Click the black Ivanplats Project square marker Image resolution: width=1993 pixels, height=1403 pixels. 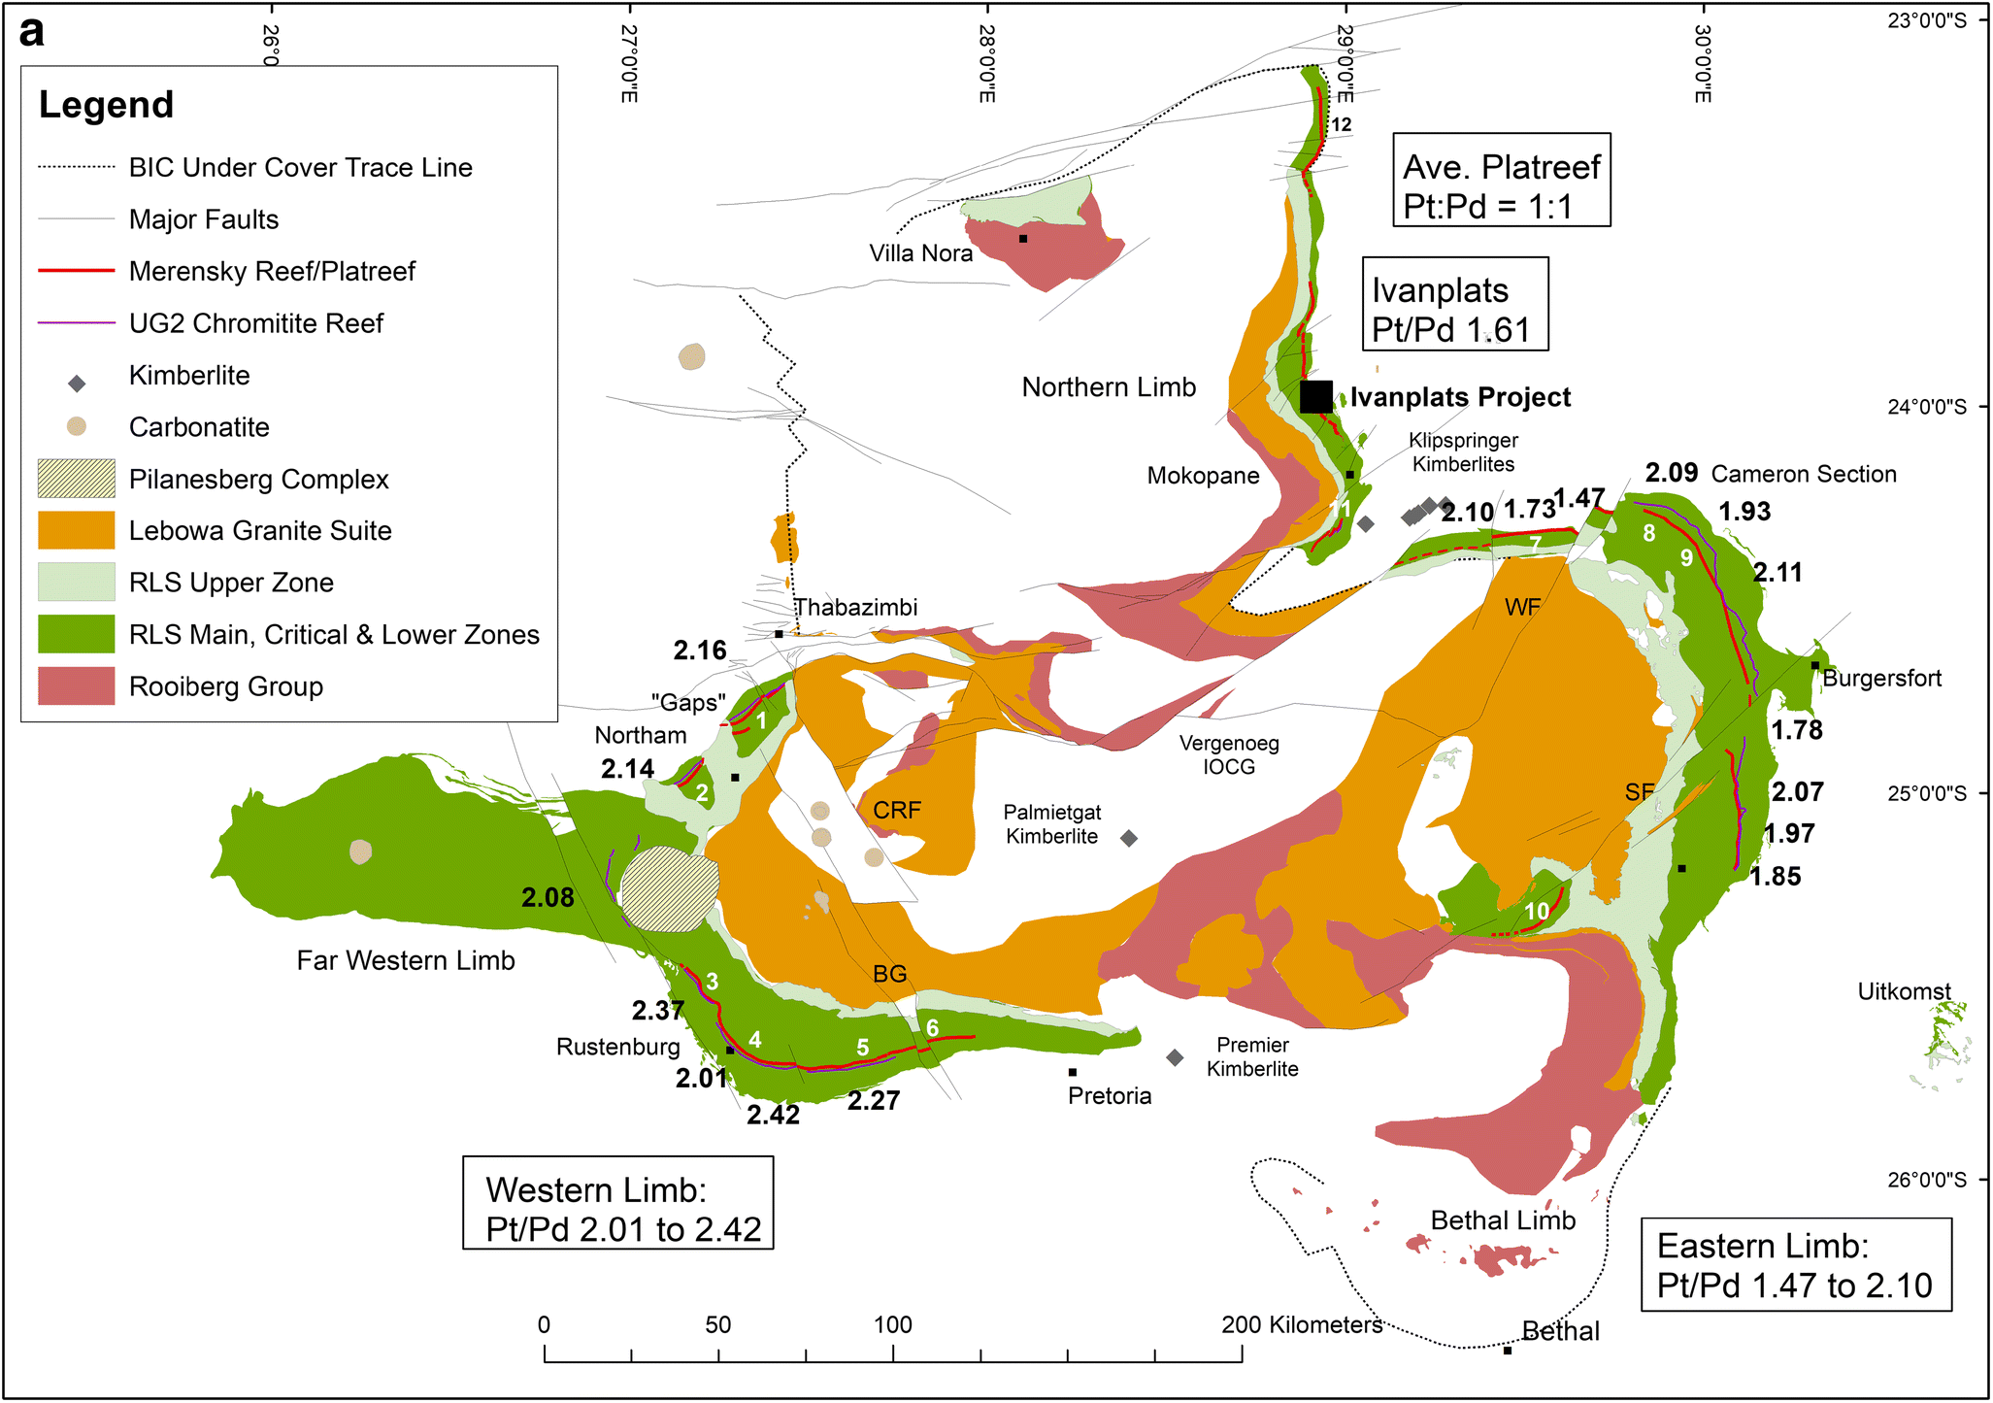[1315, 396]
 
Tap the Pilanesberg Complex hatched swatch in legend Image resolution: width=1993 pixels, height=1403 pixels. [76, 479]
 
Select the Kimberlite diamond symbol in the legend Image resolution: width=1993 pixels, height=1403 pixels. [77, 384]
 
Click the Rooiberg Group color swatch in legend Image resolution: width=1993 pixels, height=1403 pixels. [76, 686]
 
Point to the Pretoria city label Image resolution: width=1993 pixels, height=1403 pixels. [1109, 1096]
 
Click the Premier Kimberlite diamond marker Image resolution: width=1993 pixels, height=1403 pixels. [1175, 1057]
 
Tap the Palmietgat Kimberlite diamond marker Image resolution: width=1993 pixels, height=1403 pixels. [1128, 838]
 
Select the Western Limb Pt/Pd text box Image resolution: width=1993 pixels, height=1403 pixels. [618, 1202]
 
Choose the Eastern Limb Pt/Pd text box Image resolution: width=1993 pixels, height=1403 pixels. [1795, 1264]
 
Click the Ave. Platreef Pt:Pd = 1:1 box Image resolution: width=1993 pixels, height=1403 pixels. [1501, 181]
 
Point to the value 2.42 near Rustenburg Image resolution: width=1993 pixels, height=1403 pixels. [773, 1115]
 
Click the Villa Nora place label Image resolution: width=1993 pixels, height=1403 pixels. [920, 253]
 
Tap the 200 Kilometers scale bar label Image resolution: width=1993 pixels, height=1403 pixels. [1301, 1324]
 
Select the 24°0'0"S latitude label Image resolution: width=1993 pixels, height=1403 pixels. [1926, 407]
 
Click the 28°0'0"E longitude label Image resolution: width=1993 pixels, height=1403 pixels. [987, 64]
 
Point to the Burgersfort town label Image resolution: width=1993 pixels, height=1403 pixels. [1881, 679]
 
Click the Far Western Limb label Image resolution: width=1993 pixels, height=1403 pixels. [406, 960]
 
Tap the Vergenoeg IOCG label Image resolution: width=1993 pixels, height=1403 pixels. [1229, 754]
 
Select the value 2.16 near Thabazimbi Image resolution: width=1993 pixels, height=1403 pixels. [700, 651]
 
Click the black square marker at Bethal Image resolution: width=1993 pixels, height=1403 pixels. [1507, 1351]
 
